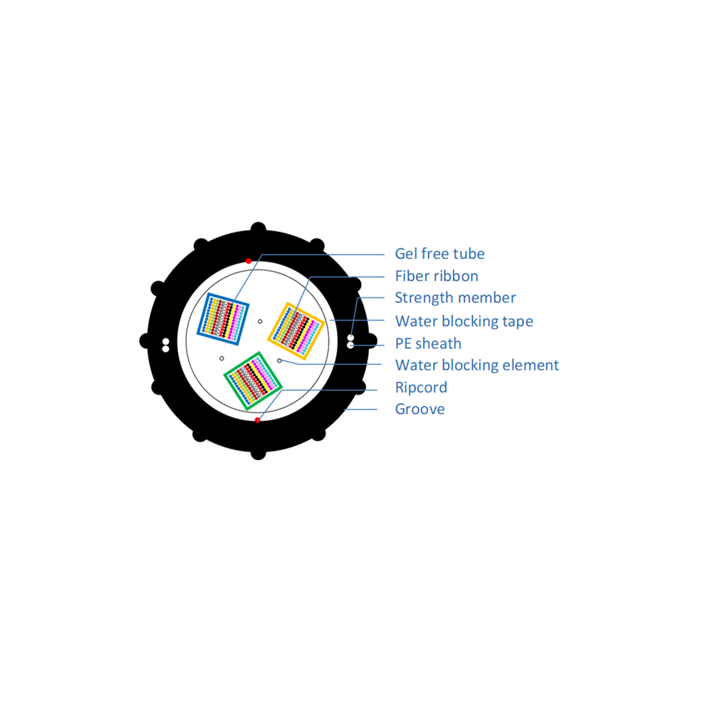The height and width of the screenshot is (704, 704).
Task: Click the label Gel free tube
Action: click(439, 254)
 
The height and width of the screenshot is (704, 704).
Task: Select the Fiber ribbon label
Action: click(436, 276)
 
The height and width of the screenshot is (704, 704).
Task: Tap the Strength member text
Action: click(455, 298)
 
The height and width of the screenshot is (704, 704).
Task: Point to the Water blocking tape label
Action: click(464, 321)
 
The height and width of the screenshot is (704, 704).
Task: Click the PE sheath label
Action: click(428, 344)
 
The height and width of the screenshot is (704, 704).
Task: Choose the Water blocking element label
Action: click(477, 365)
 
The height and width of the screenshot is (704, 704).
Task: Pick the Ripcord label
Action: click(421, 387)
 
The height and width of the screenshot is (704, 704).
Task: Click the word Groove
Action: click(420, 409)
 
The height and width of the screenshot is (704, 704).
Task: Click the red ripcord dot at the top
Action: click(249, 261)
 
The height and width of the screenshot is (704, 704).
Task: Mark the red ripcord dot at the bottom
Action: click(258, 420)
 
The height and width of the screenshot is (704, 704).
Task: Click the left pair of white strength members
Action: click(166, 345)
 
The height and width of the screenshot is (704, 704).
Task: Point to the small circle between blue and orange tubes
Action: click(260, 321)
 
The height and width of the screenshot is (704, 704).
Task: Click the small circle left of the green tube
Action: click(222, 358)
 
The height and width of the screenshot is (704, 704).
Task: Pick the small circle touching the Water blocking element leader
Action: click(279, 361)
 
